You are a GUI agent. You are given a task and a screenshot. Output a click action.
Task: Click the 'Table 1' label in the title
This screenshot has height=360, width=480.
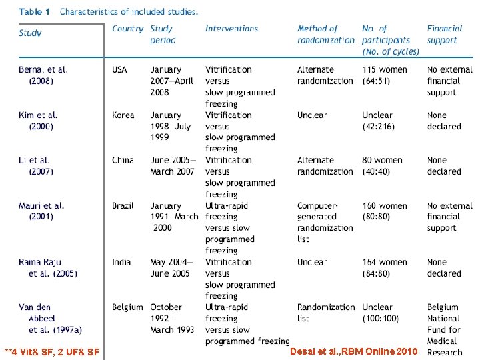point(35,11)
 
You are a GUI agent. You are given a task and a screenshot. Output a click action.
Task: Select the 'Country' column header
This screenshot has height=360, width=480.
point(127,29)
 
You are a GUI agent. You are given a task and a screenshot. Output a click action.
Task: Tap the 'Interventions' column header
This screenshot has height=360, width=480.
point(231,29)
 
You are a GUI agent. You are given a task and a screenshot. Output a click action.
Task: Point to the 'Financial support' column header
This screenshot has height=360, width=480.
point(447,34)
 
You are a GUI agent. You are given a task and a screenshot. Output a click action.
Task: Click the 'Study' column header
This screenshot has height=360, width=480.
point(30,33)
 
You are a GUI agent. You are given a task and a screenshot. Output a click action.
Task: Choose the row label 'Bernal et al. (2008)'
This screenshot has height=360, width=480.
point(43,75)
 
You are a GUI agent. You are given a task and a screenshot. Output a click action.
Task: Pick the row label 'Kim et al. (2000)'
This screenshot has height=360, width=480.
point(39,120)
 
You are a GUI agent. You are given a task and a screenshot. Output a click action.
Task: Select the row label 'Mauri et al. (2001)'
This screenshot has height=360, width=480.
point(41,211)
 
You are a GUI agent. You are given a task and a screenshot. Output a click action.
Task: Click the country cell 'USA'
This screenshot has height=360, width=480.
point(119,69)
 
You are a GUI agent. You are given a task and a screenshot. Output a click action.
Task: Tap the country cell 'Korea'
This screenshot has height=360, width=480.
point(123,115)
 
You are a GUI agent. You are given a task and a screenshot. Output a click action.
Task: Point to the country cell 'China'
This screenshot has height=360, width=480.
point(123,160)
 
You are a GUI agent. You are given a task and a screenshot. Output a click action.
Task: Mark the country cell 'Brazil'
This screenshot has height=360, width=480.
point(123,205)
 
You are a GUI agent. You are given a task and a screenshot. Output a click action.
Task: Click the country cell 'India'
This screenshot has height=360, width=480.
point(122,262)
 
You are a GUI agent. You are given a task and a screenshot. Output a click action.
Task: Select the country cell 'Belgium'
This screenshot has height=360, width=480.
point(127,307)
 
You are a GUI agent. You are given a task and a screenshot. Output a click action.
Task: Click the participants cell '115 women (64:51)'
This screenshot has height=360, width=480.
point(386,75)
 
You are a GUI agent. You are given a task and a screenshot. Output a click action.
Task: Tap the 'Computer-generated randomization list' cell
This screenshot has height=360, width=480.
point(325,222)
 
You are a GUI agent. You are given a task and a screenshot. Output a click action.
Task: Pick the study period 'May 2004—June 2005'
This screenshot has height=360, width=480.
point(171,267)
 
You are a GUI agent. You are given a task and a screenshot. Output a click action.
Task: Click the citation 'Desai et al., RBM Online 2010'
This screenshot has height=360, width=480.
point(354,351)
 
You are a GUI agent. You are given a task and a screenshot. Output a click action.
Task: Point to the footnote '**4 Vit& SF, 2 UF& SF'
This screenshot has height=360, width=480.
point(52,351)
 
